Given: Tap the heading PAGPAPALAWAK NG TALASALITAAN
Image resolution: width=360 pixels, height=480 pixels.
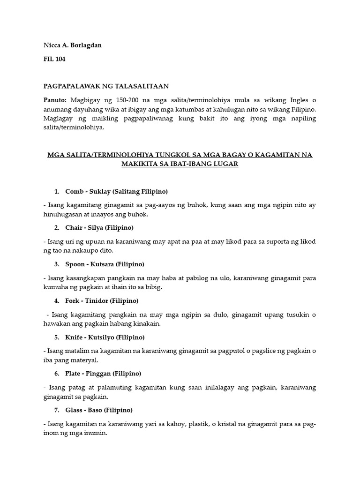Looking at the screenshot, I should click(x=106, y=86).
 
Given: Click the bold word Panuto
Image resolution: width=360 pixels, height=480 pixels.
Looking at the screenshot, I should click(x=55, y=100).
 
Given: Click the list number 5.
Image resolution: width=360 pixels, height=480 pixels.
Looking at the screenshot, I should click(x=56, y=337).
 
